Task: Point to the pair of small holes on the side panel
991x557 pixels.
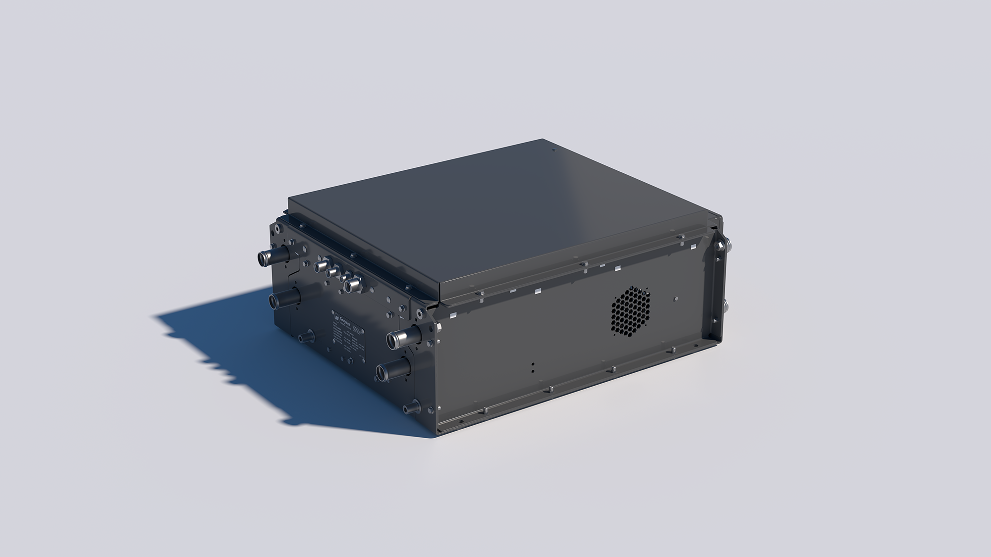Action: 532,366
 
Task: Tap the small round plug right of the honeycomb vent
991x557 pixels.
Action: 677,299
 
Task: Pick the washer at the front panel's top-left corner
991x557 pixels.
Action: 275,229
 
